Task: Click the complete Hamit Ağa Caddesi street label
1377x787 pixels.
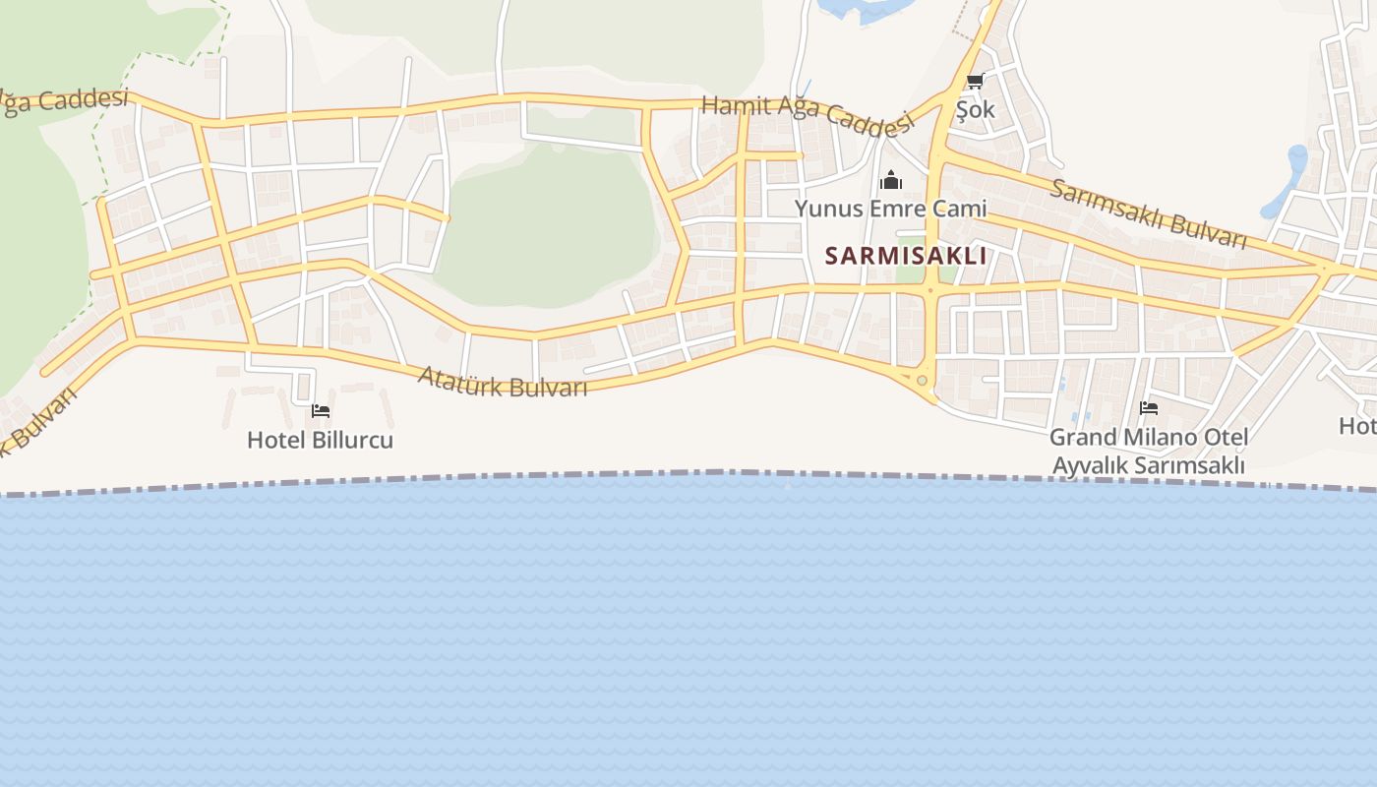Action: pyautogui.click(x=807, y=115)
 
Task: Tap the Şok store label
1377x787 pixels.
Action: pyautogui.click(x=976, y=109)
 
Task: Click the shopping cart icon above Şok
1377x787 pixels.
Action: pyautogui.click(x=975, y=82)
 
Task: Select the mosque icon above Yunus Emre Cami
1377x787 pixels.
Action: pyautogui.click(x=891, y=180)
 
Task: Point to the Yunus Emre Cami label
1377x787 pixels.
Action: pyautogui.click(x=890, y=208)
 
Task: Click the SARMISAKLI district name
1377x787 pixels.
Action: pyautogui.click(x=905, y=256)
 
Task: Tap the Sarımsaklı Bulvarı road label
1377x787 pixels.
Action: pyautogui.click(x=1147, y=213)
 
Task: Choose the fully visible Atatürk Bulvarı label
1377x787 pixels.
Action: pyautogui.click(x=502, y=381)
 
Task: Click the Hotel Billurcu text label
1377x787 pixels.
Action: pyautogui.click(x=320, y=439)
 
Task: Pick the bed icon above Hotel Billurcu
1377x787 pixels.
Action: pyautogui.click(x=320, y=411)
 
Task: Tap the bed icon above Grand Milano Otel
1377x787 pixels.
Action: pyautogui.click(x=1148, y=408)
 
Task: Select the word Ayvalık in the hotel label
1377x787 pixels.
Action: pyautogui.click(x=1090, y=464)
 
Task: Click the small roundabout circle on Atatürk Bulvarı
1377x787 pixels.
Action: pyautogui.click(x=922, y=381)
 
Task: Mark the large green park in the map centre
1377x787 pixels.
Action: pyautogui.click(x=546, y=226)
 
